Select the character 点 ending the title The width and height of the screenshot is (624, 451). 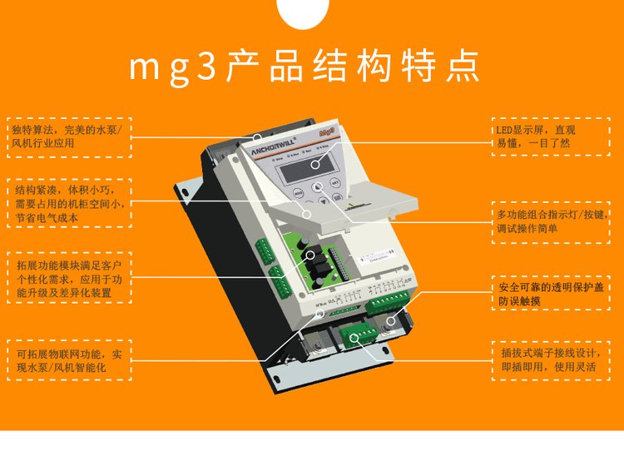pyautogui.click(x=465, y=67)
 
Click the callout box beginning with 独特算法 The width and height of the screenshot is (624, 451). pyautogui.click(x=69, y=136)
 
